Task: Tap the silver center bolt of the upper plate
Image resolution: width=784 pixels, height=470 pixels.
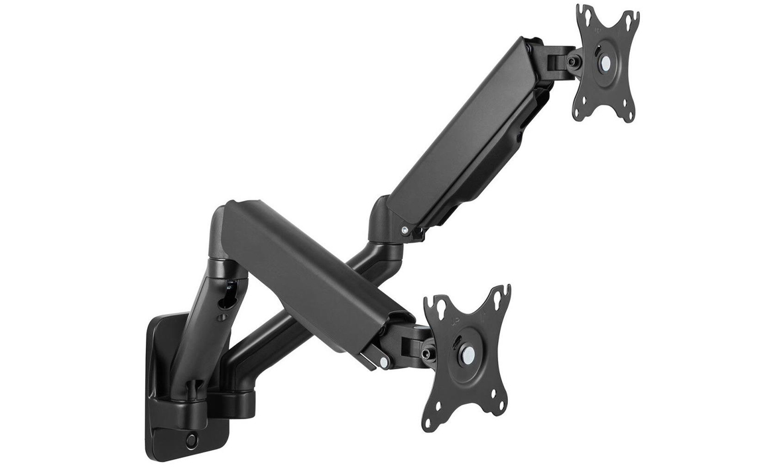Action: point(603,61)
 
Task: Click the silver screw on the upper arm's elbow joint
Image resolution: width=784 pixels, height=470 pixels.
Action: point(403,229)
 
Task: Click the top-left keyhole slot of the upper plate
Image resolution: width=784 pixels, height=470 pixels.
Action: point(583,13)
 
